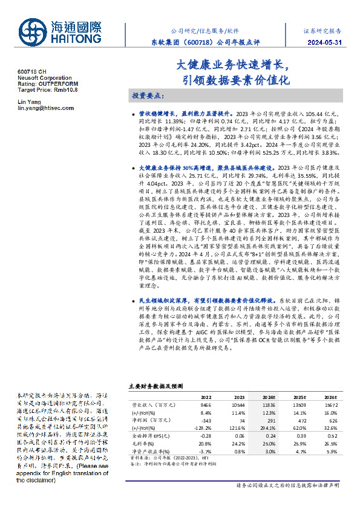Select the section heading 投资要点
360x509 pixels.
[148, 96]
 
